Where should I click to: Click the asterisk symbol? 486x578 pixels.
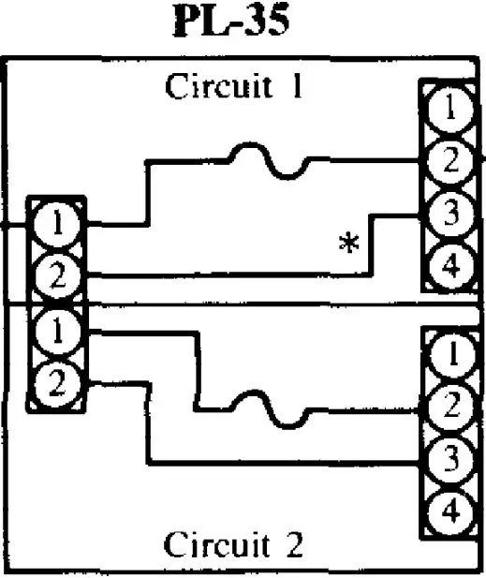point(349,245)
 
